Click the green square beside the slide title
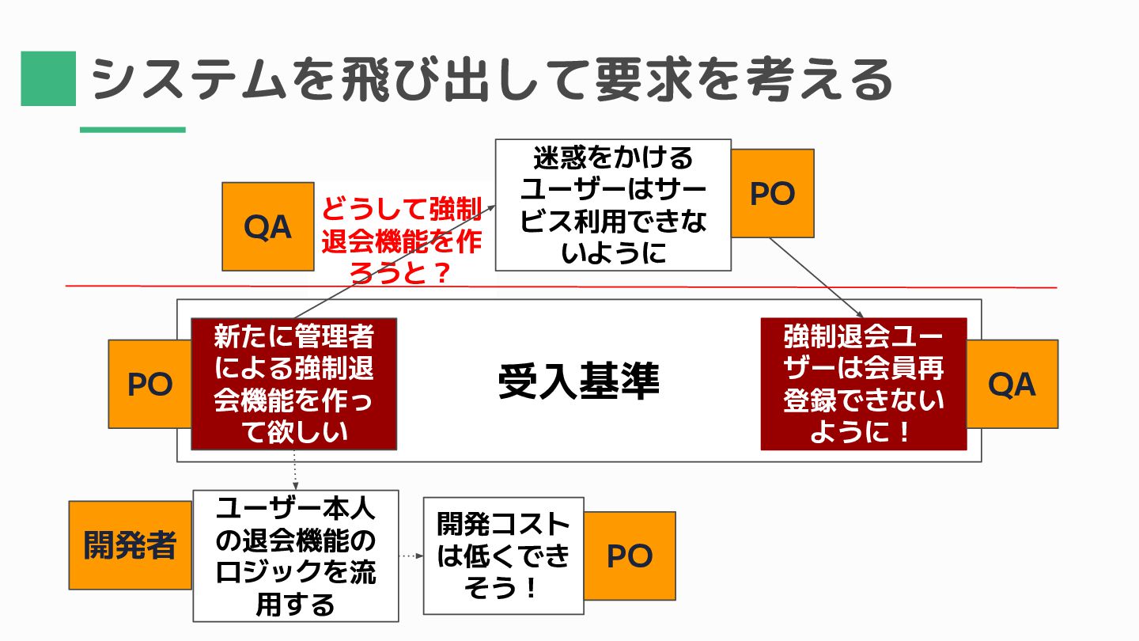click(x=48, y=78)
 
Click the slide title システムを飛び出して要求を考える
click(x=490, y=78)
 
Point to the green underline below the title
click(x=132, y=130)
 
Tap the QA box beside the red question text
click(x=267, y=227)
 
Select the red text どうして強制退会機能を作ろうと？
click(x=401, y=241)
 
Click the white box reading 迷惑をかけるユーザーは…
click(x=612, y=205)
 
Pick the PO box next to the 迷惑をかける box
click(x=772, y=194)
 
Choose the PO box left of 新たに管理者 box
click(x=149, y=385)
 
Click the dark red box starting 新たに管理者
click(x=293, y=384)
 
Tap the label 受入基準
click(x=578, y=383)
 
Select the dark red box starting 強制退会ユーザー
click(x=863, y=384)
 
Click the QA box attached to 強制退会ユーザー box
click(x=1012, y=385)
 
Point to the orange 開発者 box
click(x=130, y=545)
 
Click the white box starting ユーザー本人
click(x=296, y=556)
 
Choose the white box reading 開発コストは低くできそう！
click(x=503, y=556)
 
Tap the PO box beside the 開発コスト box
click(x=630, y=556)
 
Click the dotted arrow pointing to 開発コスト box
click(x=411, y=556)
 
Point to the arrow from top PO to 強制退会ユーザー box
click(x=815, y=277)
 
